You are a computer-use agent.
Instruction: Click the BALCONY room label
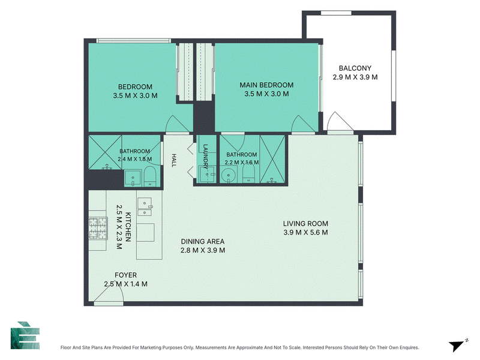coord(355,68)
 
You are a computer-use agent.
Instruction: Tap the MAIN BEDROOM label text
coord(266,85)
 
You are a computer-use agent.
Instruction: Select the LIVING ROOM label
coord(305,224)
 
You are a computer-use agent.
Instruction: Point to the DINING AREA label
coord(203,242)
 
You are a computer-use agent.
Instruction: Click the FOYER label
coord(125,275)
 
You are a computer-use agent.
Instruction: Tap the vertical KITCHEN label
coord(128,227)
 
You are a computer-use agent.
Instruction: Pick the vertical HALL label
coord(173,160)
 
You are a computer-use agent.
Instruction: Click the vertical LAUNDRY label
coord(205,157)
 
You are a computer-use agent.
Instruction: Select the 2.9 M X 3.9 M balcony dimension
coord(355,77)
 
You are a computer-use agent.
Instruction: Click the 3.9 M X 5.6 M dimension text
coord(305,233)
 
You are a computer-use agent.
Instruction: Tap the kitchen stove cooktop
coord(98,229)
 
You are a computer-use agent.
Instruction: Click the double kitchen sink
coord(145,207)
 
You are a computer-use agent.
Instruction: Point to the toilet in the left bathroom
coord(150,176)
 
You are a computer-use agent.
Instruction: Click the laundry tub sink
coord(207,175)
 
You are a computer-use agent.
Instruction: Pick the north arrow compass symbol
coord(458,345)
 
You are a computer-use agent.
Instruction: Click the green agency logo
coord(25,335)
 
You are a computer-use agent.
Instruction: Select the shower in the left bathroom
coord(105,152)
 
